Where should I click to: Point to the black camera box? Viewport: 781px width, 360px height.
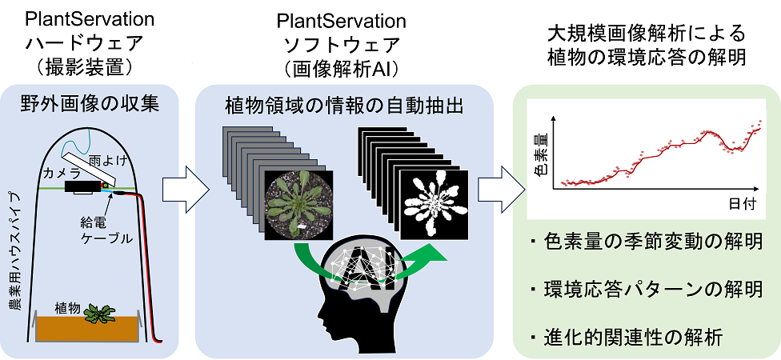82,186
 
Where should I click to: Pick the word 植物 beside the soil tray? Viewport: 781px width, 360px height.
67,306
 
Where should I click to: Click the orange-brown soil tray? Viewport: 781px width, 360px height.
88,328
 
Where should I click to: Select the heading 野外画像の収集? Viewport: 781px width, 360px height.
90,102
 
